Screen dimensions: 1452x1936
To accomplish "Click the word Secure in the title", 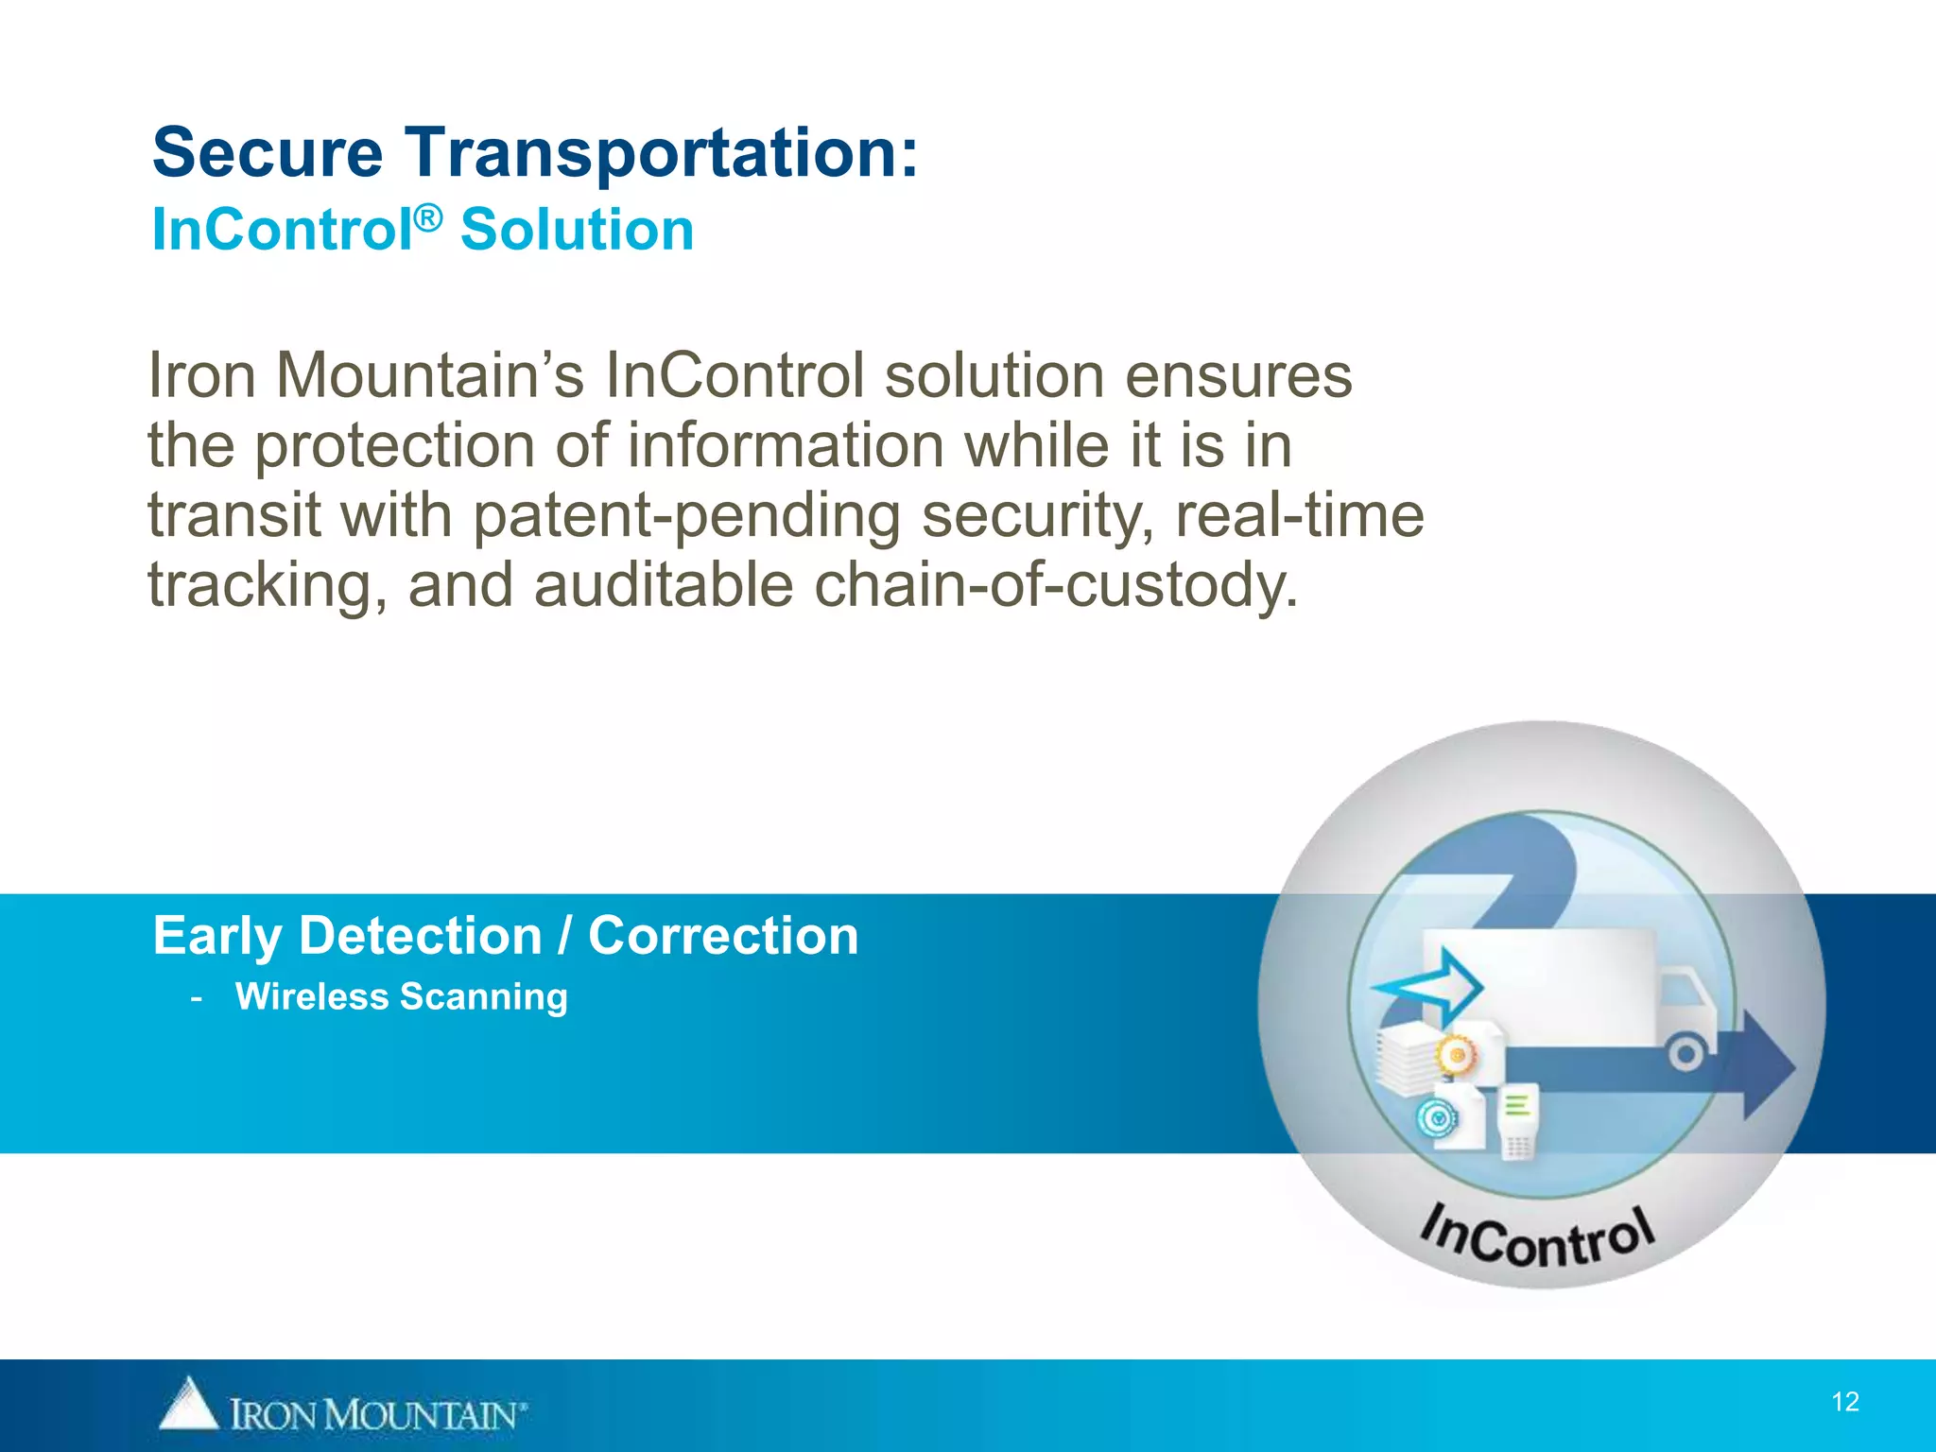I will click(268, 153).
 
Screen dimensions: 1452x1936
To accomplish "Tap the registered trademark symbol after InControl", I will click(428, 218).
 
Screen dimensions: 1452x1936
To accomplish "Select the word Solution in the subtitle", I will click(577, 231).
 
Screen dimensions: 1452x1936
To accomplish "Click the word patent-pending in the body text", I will click(686, 516).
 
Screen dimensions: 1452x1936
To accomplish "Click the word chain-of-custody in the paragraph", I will click(1056, 586).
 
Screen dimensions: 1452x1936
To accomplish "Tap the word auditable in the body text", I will click(663, 586).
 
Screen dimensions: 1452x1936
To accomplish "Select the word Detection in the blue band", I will click(421, 936).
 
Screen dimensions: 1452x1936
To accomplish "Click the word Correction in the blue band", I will click(723, 936).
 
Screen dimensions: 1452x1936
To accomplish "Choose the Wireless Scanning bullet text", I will click(401, 996).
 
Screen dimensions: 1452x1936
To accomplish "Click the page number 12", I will click(1844, 1402).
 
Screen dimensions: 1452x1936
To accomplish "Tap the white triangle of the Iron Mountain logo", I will click(188, 1404).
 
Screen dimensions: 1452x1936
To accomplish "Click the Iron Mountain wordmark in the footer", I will click(376, 1415).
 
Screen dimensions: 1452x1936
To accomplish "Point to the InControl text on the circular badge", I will click(1538, 1237).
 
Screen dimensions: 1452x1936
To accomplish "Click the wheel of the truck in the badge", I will click(1685, 1053).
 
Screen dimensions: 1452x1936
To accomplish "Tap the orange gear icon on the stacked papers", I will click(1457, 1055).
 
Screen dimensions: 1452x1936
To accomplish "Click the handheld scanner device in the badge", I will click(1518, 1121).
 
